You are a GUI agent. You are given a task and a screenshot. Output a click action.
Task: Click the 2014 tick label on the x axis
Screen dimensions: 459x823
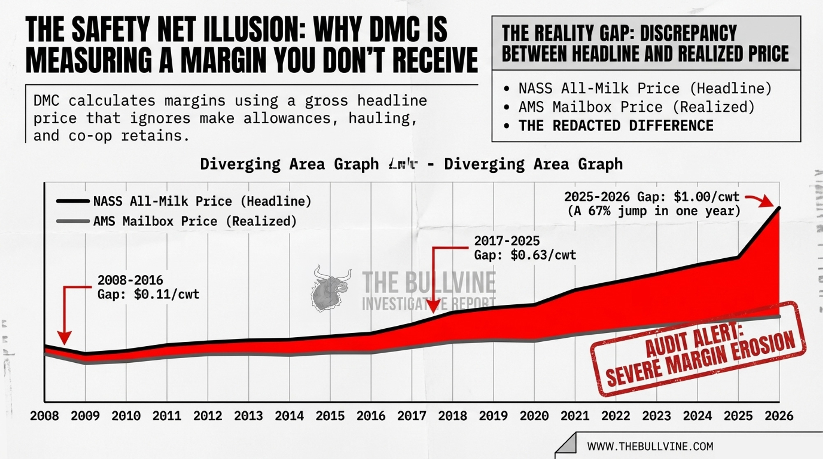(289, 416)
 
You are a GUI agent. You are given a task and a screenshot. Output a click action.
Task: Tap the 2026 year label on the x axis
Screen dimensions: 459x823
(779, 416)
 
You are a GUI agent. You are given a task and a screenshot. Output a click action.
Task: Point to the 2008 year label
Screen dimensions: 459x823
(44, 416)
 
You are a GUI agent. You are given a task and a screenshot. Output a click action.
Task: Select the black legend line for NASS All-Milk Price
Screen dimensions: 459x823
(73, 201)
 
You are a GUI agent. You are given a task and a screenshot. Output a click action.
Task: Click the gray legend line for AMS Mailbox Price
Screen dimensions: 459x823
(73, 221)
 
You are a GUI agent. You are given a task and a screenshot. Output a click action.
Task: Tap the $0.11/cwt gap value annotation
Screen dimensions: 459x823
(166, 294)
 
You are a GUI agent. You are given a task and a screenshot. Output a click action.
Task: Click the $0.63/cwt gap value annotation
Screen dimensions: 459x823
(543, 255)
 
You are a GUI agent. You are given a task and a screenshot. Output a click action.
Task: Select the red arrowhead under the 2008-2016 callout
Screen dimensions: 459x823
(64, 338)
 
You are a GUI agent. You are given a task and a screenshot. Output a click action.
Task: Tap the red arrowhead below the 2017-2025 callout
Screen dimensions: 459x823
(433, 307)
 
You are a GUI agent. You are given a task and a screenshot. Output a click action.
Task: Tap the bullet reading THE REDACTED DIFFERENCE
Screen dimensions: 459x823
(616, 126)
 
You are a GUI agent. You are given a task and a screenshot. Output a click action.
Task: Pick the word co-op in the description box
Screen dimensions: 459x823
(90, 136)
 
